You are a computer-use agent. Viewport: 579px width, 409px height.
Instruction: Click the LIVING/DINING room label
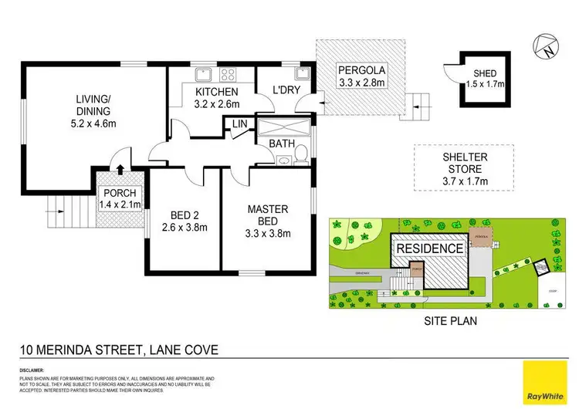(x=93, y=110)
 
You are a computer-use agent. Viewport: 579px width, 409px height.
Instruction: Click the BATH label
(x=279, y=144)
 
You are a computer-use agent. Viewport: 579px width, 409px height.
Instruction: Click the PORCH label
(x=117, y=198)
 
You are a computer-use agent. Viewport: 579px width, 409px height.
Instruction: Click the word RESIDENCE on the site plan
(x=431, y=248)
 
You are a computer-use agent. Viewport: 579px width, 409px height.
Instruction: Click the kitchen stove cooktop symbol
(x=229, y=75)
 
